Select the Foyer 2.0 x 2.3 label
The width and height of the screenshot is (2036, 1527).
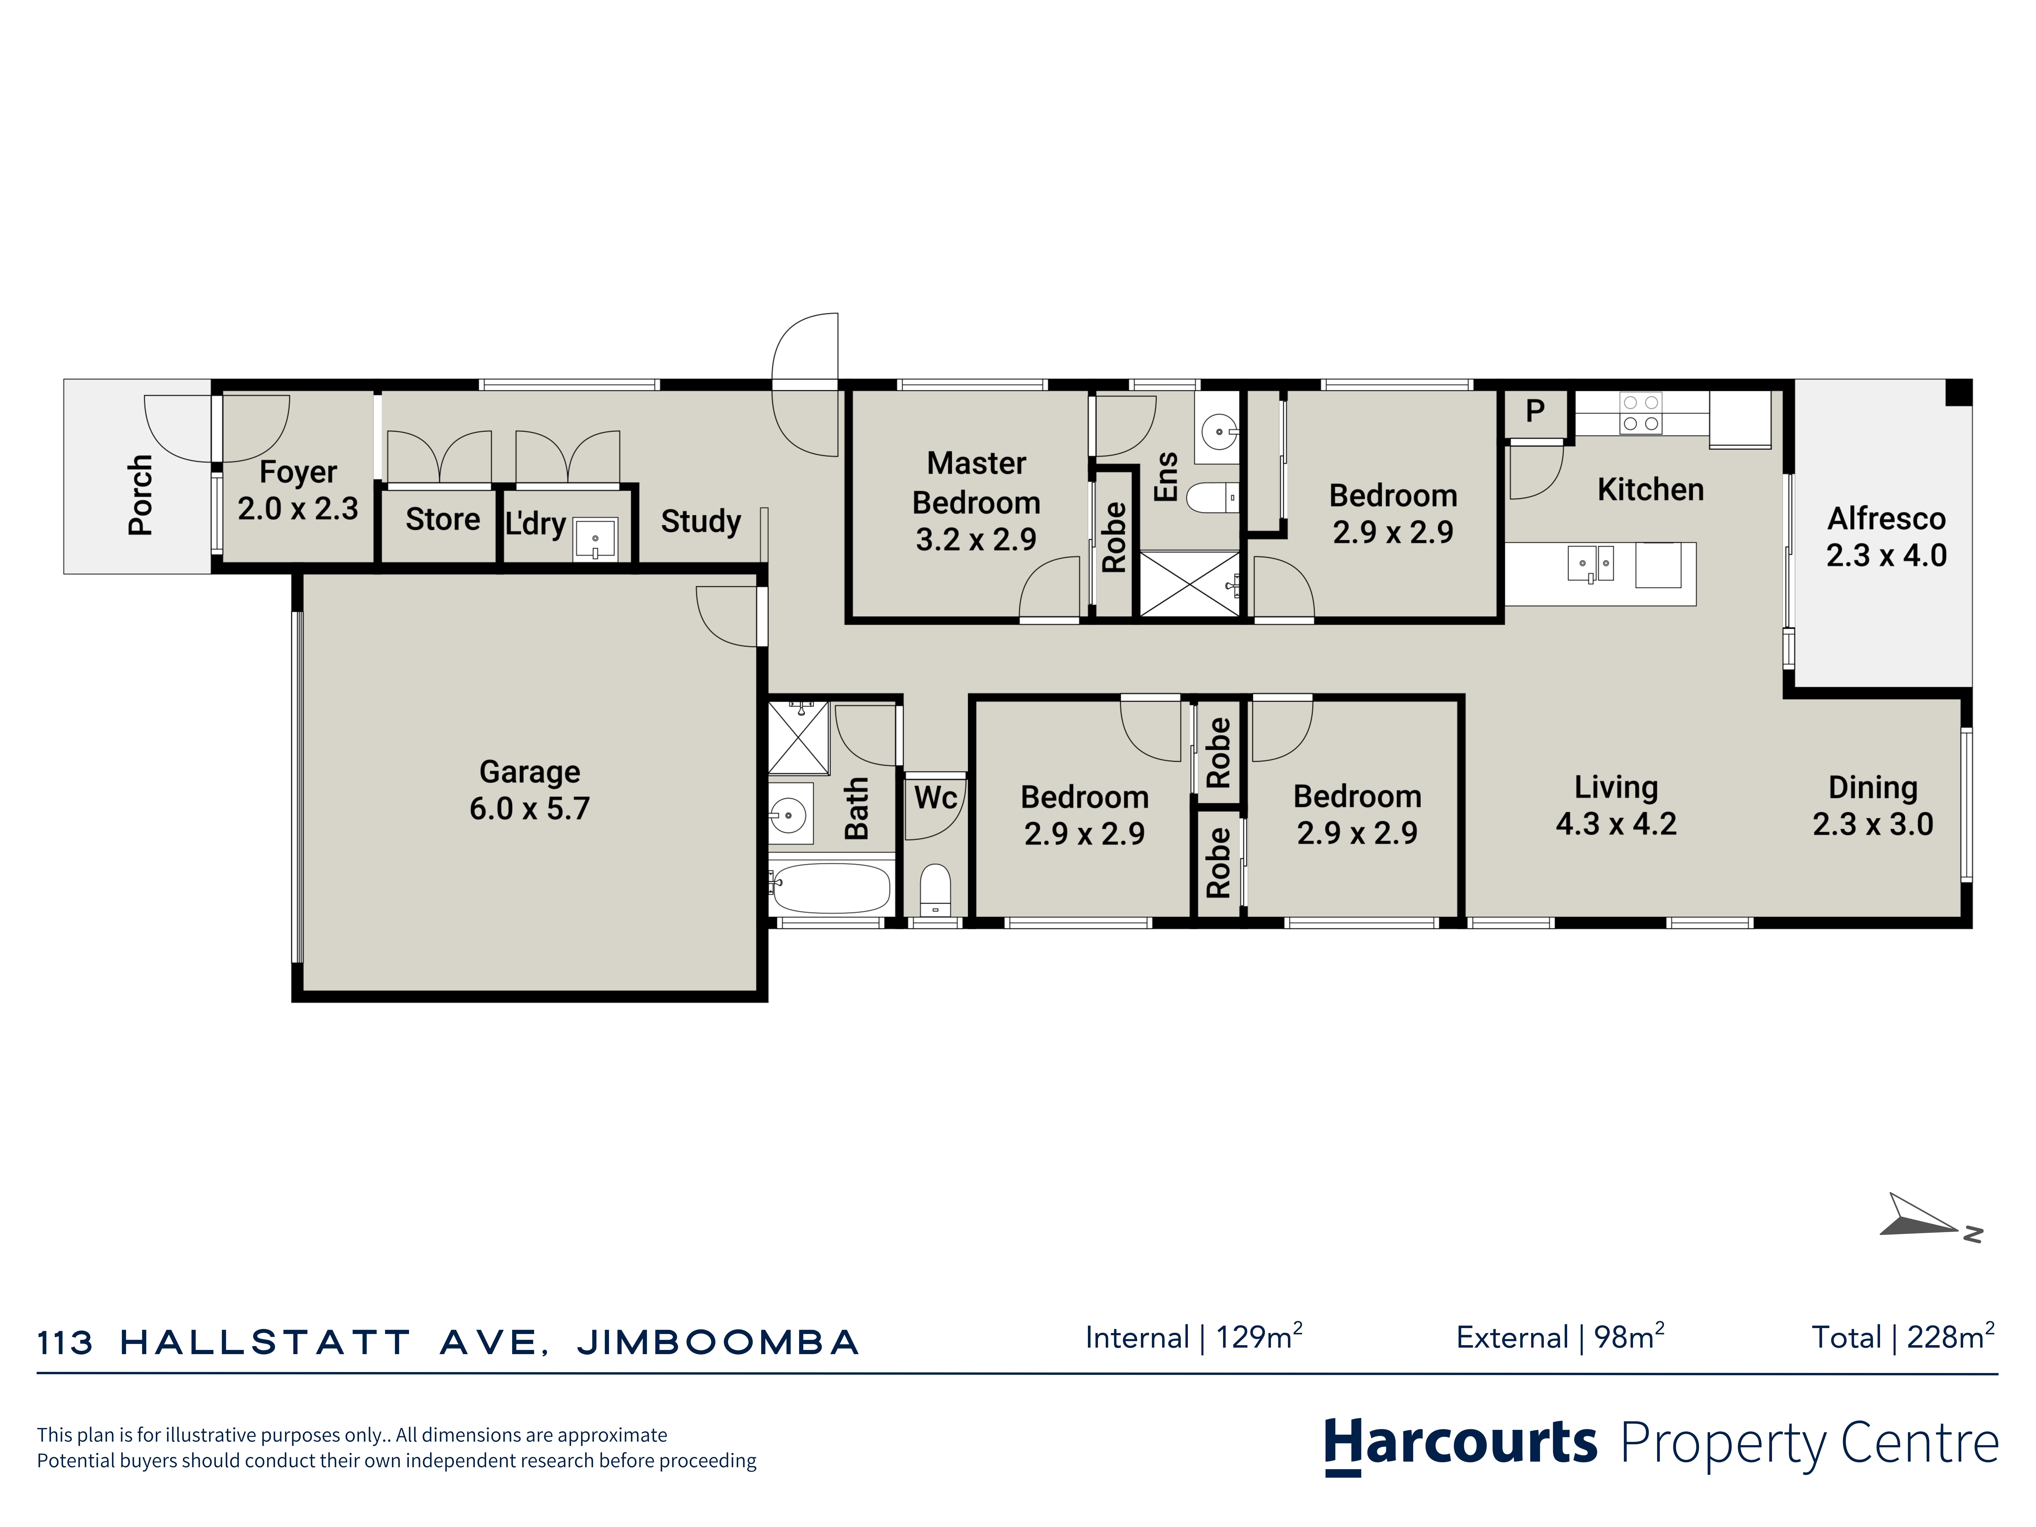tap(298, 490)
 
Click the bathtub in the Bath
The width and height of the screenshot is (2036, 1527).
tap(830, 887)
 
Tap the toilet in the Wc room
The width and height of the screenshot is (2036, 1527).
tap(935, 889)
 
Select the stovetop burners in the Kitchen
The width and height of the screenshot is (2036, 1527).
tap(1641, 413)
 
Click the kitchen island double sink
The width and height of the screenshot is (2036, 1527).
tap(1590, 563)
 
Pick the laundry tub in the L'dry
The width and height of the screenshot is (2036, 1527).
tap(595, 538)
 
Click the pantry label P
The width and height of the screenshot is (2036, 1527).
tap(1534, 410)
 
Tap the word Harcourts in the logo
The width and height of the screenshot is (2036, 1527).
tap(1461, 1442)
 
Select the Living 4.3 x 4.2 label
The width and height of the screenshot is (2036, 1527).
tap(1616, 805)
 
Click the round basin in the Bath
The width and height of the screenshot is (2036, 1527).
tap(789, 815)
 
